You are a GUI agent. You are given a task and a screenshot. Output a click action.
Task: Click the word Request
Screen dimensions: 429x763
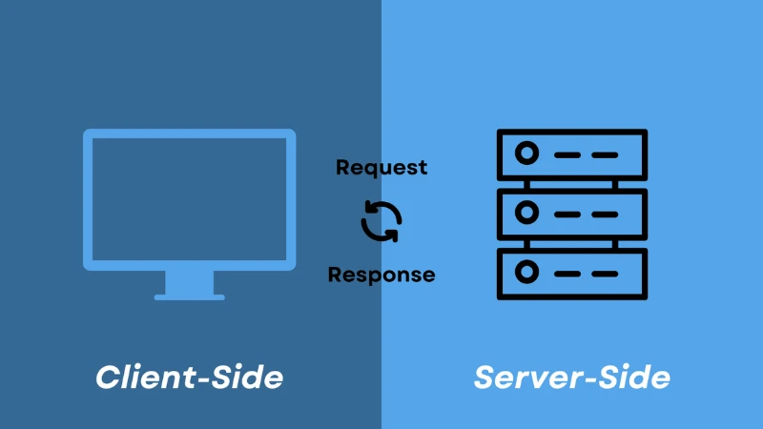coord(381,168)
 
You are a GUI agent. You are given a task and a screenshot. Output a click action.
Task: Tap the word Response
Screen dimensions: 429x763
coord(381,275)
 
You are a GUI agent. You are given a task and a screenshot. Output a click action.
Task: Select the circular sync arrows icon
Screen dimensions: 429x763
coord(381,221)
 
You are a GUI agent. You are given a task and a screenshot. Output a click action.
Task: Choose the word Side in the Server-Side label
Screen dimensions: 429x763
coord(630,377)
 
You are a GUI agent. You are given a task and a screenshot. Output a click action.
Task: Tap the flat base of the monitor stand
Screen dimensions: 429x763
coord(189,297)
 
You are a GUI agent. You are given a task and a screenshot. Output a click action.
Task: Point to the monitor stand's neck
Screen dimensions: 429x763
coord(189,282)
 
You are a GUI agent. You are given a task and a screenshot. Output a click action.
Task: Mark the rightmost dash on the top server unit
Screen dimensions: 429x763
coord(604,153)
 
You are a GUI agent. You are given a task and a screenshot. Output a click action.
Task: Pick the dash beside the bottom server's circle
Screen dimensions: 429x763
coord(568,274)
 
